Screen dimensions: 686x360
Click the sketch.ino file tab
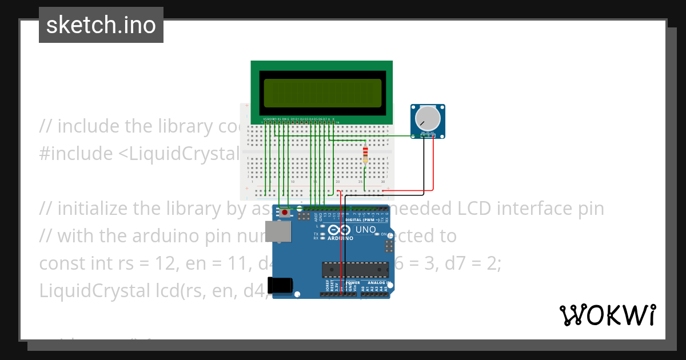(x=101, y=25)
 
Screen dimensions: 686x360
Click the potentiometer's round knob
(x=428, y=118)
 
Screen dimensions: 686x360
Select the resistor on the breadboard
(x=365, y=154)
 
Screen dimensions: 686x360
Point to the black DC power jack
(x=282, y=285)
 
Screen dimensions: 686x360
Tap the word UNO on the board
(x=366, y=230)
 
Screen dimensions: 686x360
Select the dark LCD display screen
(x=322, y=93)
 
